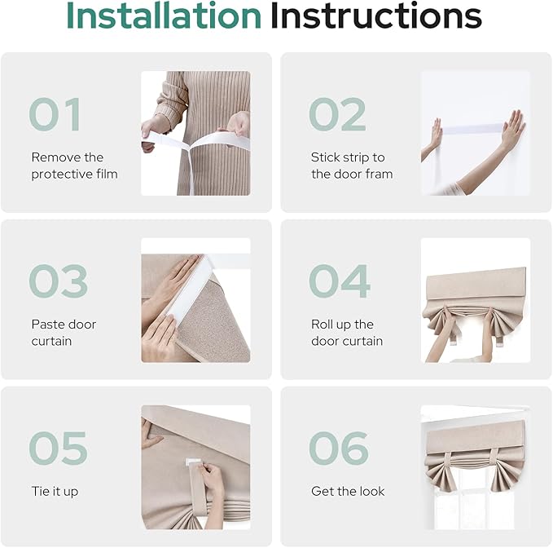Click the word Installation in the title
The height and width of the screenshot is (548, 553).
click(164, 15)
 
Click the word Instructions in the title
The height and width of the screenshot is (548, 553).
click(376, 15)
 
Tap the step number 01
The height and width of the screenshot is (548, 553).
click(55, 114)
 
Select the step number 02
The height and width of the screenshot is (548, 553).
click(337, 114)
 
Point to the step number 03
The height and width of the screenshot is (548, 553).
click(58, 281)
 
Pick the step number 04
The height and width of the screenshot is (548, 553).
click(340, 281)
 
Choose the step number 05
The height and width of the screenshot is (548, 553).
click(58, 448)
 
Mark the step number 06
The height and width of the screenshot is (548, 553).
click(339, 448)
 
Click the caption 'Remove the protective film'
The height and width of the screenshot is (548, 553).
click(74, 166)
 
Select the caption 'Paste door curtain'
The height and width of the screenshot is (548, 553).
click(64, 333)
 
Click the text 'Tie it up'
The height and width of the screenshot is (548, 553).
click(55, 492)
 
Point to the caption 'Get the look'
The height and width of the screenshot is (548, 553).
click(348, 491)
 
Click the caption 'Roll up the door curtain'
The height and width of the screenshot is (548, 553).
click(347, 333)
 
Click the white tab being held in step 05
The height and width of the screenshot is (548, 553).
click(192, 462)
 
